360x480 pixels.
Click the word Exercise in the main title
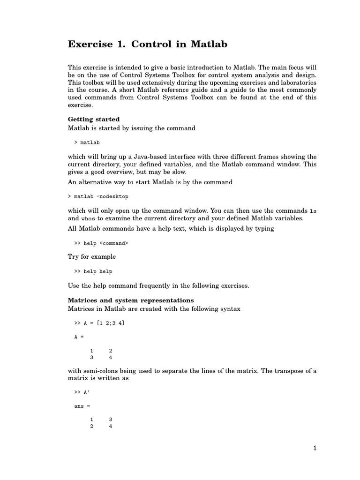click(90, 45)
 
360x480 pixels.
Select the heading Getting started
click(94, 120)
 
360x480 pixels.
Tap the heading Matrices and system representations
click(131, 300)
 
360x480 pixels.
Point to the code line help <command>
click(101, 243)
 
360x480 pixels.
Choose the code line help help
click(93, 271)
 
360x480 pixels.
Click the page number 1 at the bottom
click(315, 448)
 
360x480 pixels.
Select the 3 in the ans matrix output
click(110, 419)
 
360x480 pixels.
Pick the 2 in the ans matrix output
click(92, 426)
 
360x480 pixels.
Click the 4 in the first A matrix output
click(110, 357)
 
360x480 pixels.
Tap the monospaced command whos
click(88, 218)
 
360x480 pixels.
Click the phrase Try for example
click(92, 257)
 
